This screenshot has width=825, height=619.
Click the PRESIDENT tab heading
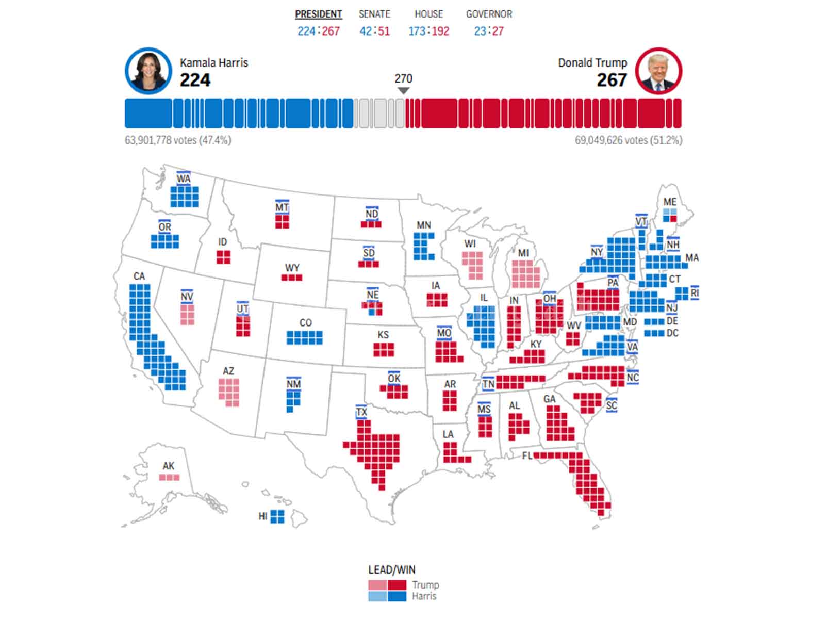318,14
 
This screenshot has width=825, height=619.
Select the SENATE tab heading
374,14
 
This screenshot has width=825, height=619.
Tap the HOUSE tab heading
428,14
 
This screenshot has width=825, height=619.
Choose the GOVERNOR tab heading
489,14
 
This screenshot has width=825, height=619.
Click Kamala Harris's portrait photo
148,71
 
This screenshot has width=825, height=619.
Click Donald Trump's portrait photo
658,71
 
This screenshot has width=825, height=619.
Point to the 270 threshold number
403,78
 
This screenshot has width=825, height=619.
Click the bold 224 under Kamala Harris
195,80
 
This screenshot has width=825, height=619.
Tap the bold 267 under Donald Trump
612,80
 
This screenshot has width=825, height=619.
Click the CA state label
139,276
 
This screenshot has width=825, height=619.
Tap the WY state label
292,268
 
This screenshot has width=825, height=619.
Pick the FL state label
526,455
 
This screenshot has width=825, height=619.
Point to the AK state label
169,466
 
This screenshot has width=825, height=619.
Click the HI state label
262,516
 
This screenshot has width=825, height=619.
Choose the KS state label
383,335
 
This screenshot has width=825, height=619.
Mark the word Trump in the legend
425,585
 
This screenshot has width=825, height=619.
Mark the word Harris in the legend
424,596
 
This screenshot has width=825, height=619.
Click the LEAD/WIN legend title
391,570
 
